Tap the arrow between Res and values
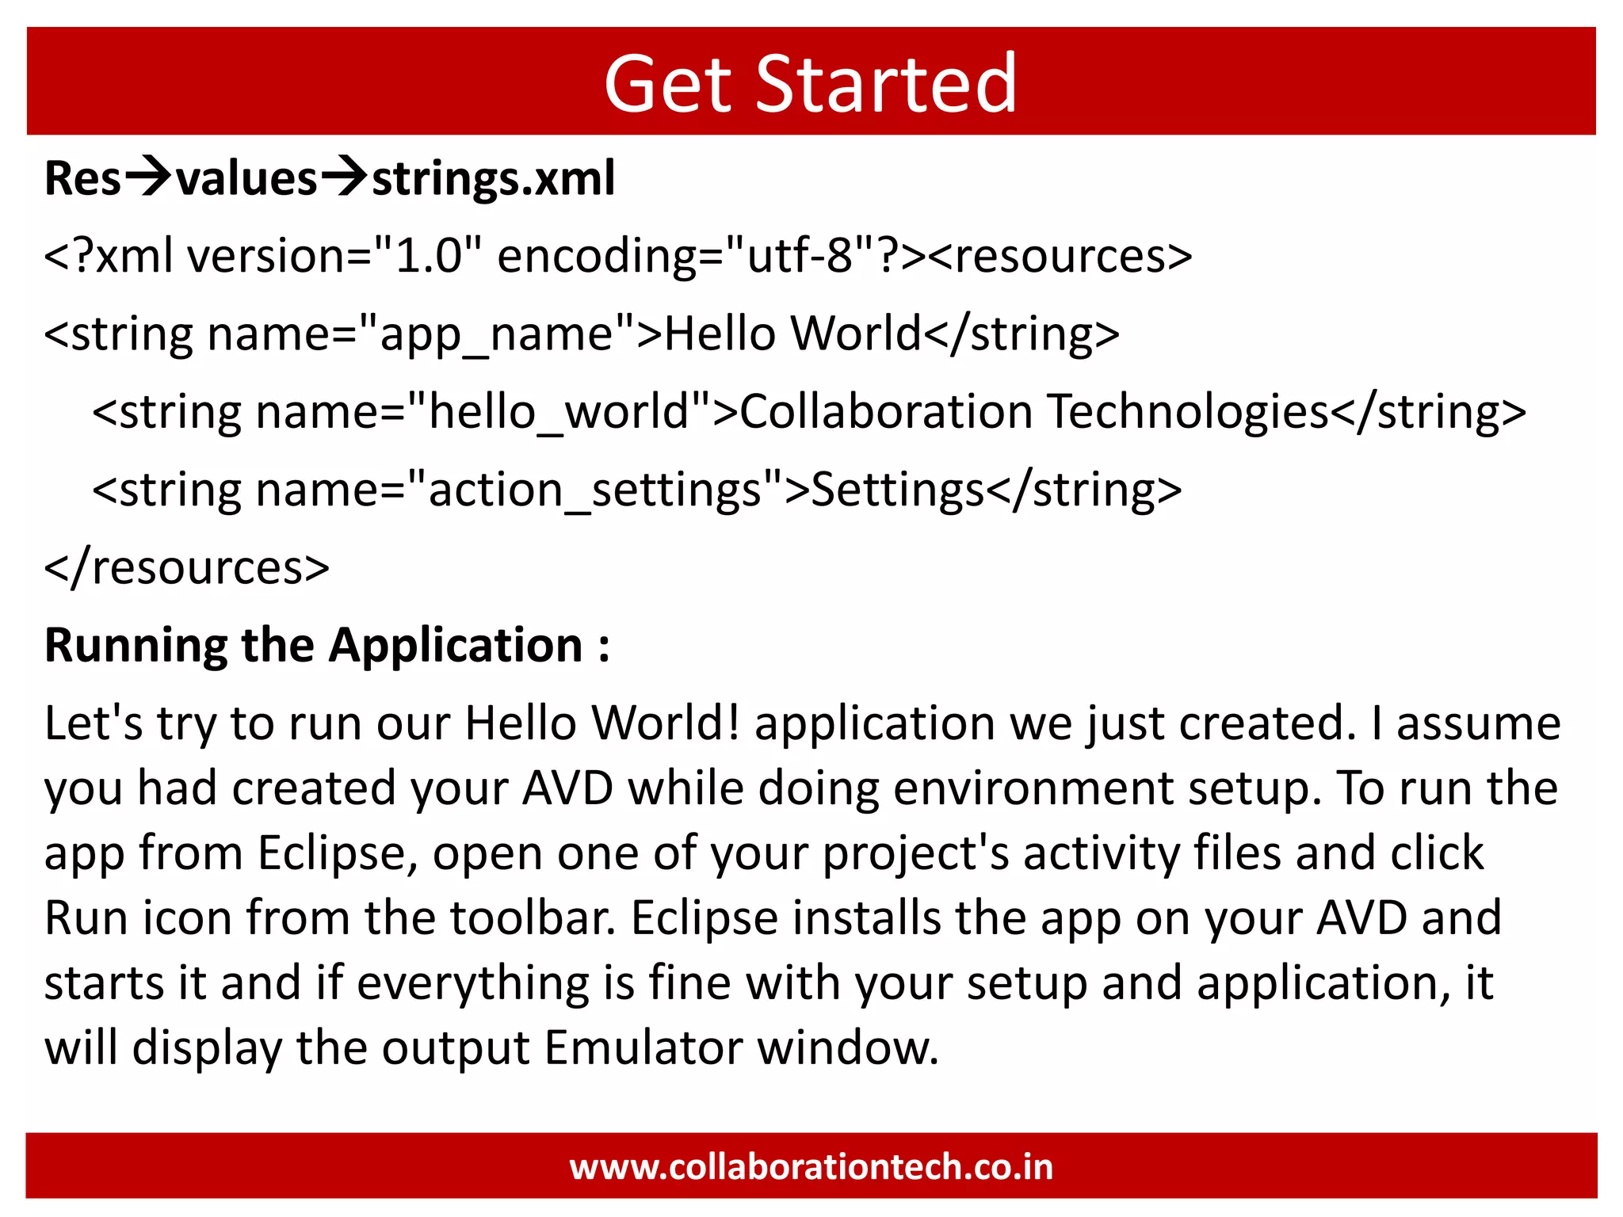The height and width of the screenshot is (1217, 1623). click(148, 177)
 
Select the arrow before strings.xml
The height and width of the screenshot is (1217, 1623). click(343, 177)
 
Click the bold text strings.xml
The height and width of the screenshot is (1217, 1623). click(493, 179)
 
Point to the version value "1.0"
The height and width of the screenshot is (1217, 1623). click(428, 256)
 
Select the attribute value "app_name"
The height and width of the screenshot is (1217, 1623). click(496, 334)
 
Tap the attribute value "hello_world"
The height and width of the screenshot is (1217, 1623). click(559, 411)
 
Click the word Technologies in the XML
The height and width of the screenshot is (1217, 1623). click(1187, 411)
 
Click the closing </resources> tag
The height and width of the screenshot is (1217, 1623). click(187, 567)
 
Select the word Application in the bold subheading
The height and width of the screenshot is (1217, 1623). click(456, 645)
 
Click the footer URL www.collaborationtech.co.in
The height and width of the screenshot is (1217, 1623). click(811, 1167)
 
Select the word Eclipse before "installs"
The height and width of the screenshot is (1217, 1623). click(705, 918)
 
